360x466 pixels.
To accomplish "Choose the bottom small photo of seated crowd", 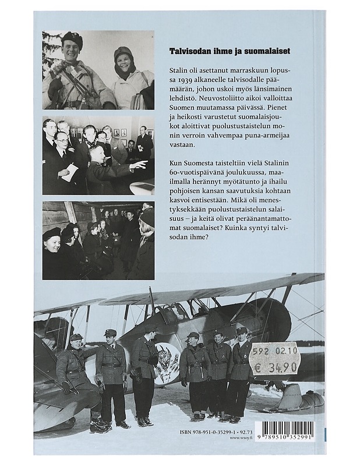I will click(98, 240).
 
